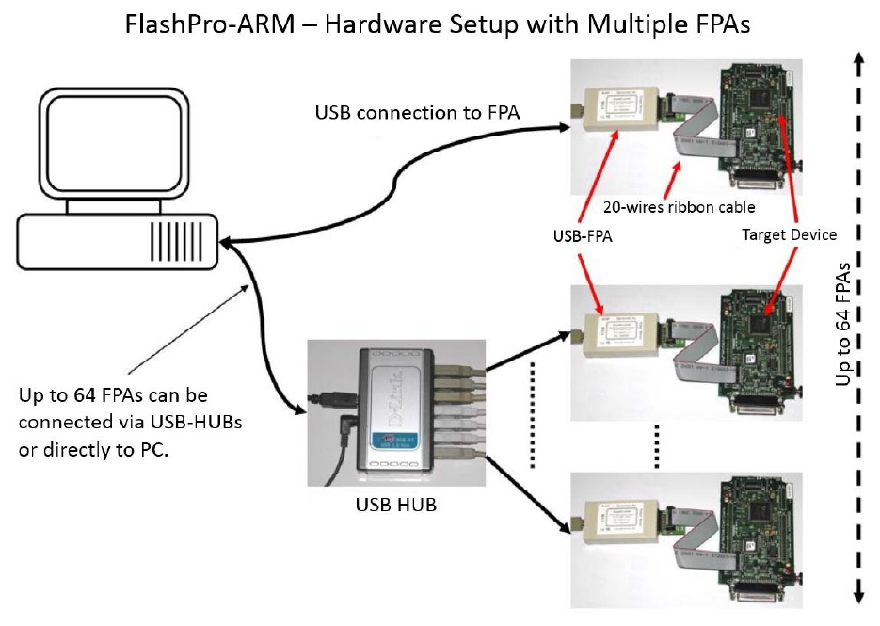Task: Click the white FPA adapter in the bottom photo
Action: (619, 523)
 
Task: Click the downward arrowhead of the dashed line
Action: (858, 596)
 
